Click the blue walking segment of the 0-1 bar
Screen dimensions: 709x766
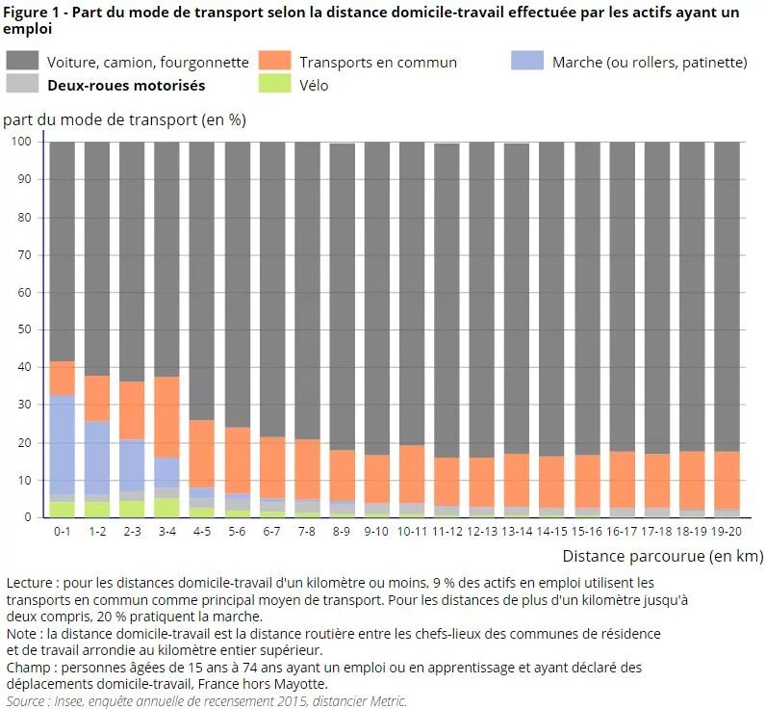pos(62,444)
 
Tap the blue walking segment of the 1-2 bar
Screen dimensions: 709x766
pos(97,458)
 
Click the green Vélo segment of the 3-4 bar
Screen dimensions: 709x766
pos(167,508)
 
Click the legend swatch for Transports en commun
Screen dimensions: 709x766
pos(275,60)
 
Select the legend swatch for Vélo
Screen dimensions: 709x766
pos(275,84)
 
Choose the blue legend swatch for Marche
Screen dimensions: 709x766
pos(528,60)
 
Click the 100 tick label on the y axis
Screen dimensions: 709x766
pos(22,142)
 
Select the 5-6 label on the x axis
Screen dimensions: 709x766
pos(237,531)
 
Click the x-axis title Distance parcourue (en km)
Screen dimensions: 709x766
pos(662,556)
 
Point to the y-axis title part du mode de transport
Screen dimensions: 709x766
pos(125,120)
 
